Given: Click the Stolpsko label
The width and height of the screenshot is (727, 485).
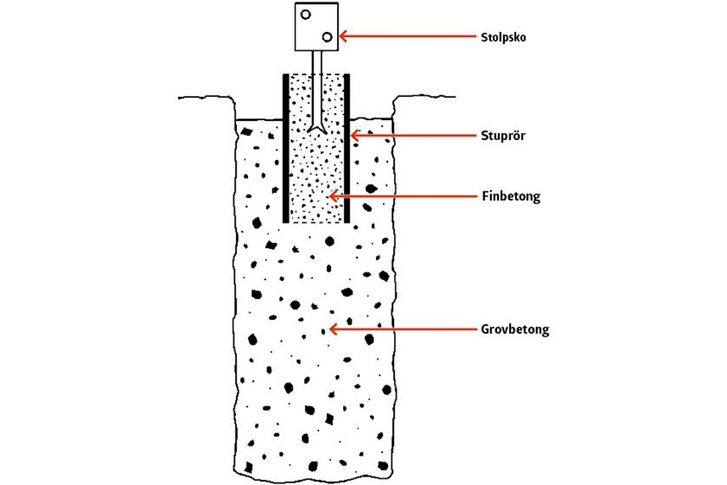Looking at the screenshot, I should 505,37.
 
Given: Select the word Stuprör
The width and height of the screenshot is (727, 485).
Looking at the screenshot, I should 503,136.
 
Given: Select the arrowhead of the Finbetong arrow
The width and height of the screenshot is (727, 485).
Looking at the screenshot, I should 331,196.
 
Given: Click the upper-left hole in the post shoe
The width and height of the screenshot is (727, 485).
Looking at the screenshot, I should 306,15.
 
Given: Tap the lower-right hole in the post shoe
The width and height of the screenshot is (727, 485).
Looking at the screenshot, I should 327,38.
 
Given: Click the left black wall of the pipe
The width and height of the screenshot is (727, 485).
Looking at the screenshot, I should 286,148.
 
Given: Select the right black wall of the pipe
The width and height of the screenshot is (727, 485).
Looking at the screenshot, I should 348,148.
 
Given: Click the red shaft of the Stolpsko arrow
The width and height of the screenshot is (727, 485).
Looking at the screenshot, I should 412,37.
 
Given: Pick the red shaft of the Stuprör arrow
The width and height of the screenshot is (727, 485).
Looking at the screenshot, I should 418,136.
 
